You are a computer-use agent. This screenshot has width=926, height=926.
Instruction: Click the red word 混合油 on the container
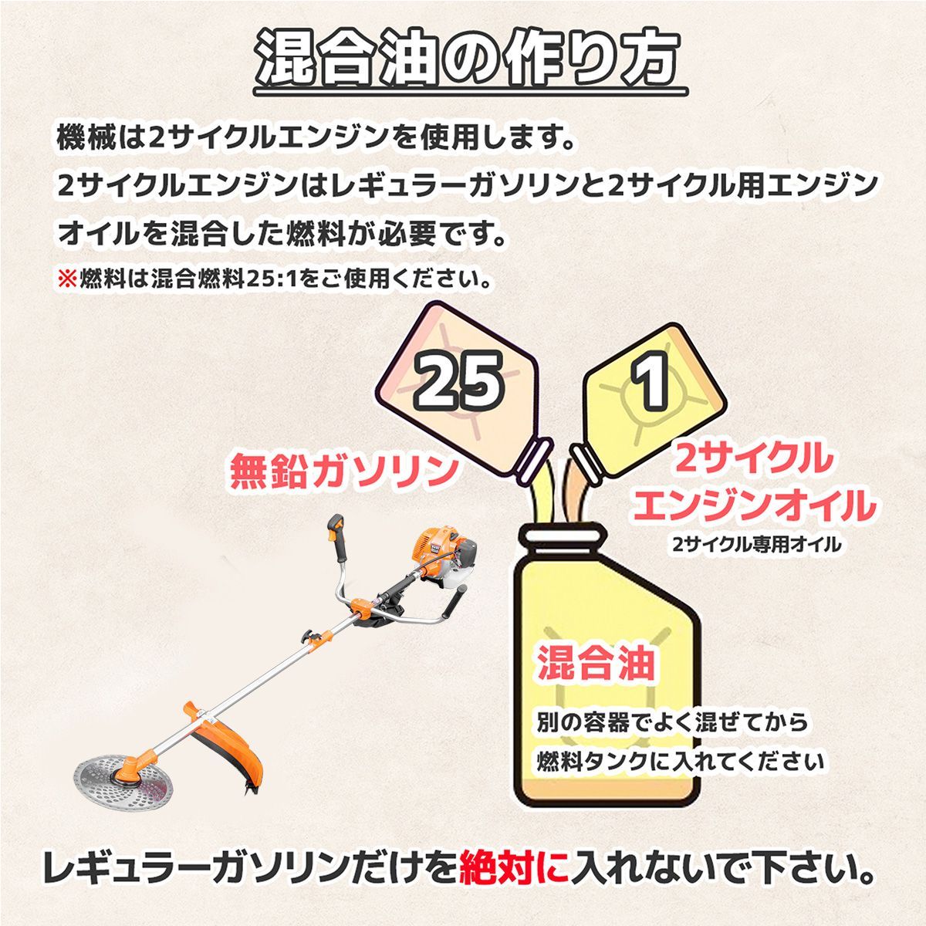[595, 664]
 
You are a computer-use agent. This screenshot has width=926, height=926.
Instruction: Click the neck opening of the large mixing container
[562, 536]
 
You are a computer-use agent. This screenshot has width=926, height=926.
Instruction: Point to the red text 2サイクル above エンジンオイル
[755, 461]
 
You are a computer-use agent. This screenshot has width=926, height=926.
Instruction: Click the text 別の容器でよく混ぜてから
[672, 723]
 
